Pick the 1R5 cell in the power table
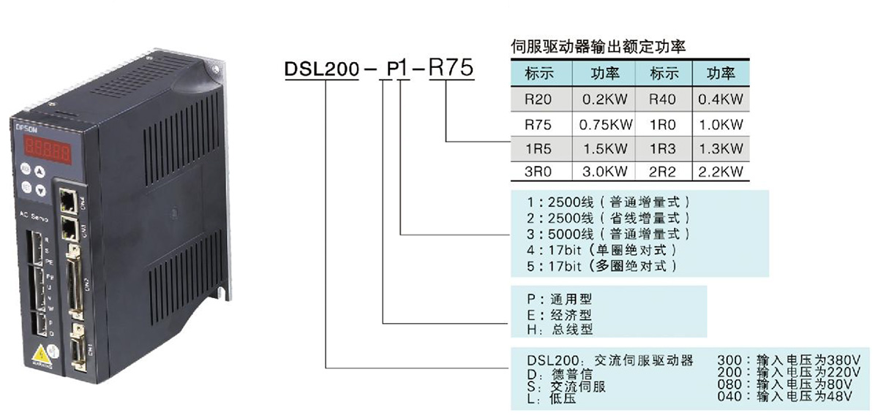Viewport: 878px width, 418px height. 539,148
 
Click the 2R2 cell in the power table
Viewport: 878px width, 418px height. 664,172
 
